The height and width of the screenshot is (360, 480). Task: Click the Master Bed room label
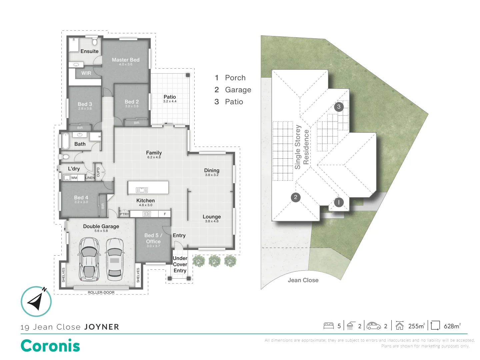(126, 60)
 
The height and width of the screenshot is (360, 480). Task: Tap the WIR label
(86, 73)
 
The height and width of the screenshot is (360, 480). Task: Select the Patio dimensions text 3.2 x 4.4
(170, 101)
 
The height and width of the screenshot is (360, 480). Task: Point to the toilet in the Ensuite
(95, 41)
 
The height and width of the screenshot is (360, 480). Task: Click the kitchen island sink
(142, 190)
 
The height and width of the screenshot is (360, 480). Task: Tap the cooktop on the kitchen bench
(147, 214)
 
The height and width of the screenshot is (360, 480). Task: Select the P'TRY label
(124, 214)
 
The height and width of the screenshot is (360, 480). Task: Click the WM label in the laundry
(74, 178)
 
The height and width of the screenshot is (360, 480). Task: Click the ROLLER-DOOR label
(101, 292)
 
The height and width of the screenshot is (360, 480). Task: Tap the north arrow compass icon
(36, 301)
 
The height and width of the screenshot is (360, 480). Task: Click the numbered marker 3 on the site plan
(339, 107)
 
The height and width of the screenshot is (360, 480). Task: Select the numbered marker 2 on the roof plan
(296, 197)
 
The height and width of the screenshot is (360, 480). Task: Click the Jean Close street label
(303, 280)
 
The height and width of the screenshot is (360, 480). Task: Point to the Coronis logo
(50, 346)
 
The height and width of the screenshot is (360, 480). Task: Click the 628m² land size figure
(452, 326)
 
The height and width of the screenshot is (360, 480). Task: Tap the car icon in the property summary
(374, 326)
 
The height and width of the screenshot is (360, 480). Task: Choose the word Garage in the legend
(238, 90)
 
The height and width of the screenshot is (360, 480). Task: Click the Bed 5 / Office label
(153, 238)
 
